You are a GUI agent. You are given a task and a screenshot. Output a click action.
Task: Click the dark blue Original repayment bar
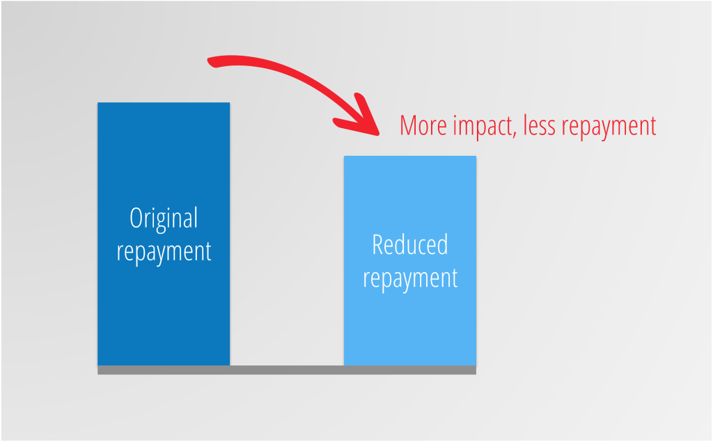pyautogui.click(x=164, y=234)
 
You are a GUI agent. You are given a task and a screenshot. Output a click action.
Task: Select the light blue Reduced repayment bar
pyautogui.click(x=409, y=260)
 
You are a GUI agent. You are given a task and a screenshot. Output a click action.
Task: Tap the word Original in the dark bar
pyautogui.click(x=164, y=219)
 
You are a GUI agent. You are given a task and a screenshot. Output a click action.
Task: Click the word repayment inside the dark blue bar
pyautogui.click(x=164, y=252)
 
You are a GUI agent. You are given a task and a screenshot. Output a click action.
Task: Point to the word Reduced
pyautogui.click(x=409, y=244)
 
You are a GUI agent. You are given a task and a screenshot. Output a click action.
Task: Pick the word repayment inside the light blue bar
pyautogui.click(x=409, y=278)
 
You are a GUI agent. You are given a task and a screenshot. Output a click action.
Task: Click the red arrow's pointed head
pyautogui.click(x=378, y=134)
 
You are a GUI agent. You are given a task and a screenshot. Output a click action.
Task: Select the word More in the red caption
pyautogui.click(x=423, y=125)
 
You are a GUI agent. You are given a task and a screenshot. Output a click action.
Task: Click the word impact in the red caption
pyautogui.click(x=485, y=127)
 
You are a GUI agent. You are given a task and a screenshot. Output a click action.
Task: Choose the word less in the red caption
pyautogui.click(x=540, y=125)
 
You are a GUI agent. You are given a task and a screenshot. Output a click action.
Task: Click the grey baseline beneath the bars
pyautogui.click(x=287, y=370)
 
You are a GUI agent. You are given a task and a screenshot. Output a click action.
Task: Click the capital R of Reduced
pyautogui.click(x=378, y=244)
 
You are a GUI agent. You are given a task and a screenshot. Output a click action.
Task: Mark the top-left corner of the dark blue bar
pyautogui.click(x=97, y=102)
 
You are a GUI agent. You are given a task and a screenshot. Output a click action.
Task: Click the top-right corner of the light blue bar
pyautogui.click(x=476, y=156)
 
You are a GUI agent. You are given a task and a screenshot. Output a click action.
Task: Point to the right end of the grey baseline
pyautogui.click(x=476, y=370)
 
